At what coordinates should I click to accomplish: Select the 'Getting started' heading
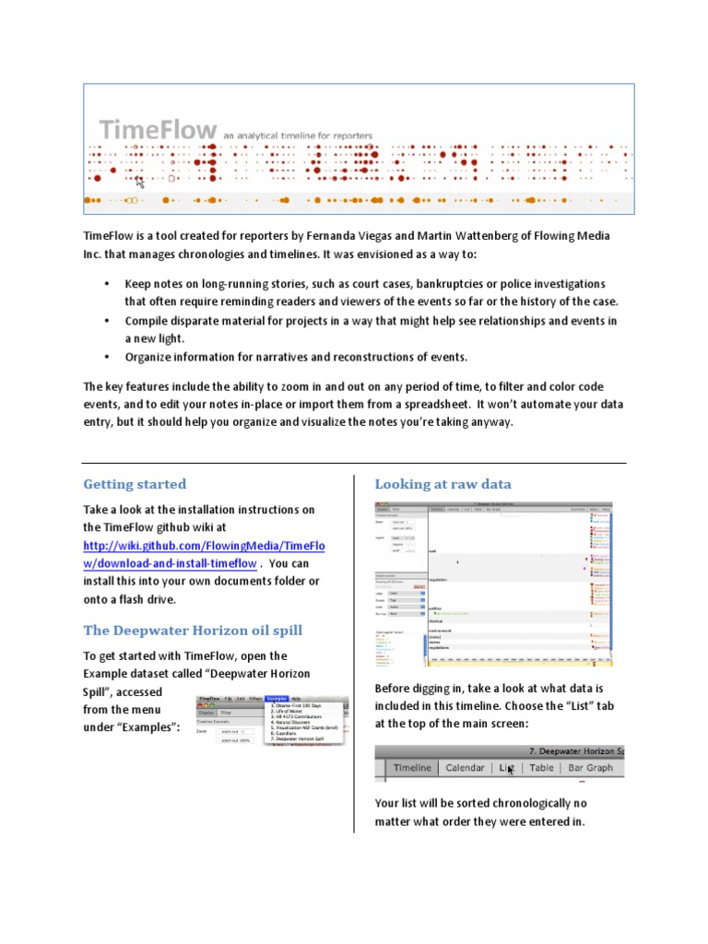(x=135, y=484)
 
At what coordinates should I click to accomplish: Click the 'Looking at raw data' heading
(x=442, y=484)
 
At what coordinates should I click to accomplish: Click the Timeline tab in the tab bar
(x=412, y=767)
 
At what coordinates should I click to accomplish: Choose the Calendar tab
(x=465, y=767)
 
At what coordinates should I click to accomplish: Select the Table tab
(x=541, y=767)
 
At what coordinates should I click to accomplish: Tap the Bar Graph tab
(x=590, y=767)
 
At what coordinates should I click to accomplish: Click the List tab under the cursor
(x=506, y=767)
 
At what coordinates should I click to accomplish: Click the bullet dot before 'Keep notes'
(x=107, y=284)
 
